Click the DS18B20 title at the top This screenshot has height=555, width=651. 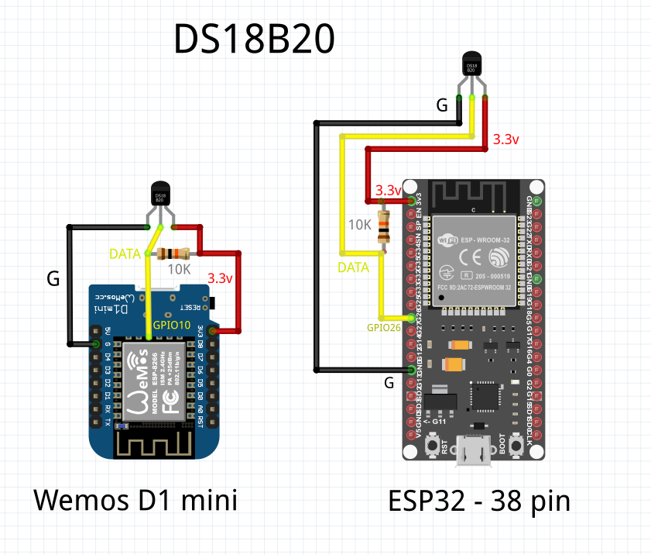point(254,40)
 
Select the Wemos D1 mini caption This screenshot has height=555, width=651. point(135,501)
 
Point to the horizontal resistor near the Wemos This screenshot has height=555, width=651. point(173,253)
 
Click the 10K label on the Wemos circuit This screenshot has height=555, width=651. point(179,270)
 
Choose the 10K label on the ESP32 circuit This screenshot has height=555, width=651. point(360,225)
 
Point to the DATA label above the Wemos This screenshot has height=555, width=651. point(125,253)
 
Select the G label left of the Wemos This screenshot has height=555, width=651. point(53,279)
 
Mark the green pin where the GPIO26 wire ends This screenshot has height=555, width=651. point(410,318)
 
